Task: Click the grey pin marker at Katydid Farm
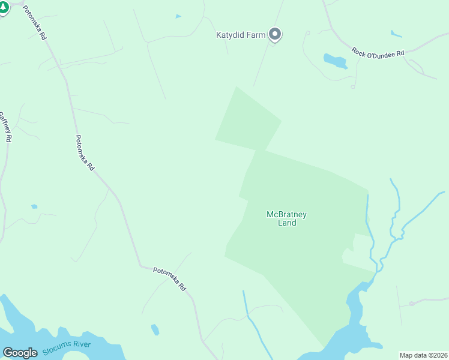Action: coord(275,35)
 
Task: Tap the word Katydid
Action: coord(231,35)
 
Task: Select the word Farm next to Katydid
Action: coord(256,35)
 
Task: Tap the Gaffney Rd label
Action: coord(7,126)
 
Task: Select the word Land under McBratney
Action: coord(287,223)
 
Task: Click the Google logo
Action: coord(20,353)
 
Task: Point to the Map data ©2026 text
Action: coord(423,355)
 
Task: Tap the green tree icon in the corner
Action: coord(3,8)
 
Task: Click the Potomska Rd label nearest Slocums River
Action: coord(170,279)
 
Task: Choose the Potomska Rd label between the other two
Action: coord(85,152)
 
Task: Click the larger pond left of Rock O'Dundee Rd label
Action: coord(335,61)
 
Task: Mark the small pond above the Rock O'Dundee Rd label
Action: coord(396,34)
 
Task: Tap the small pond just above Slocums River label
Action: coord(155,329)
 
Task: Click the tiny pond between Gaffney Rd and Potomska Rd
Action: coord(34,206)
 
